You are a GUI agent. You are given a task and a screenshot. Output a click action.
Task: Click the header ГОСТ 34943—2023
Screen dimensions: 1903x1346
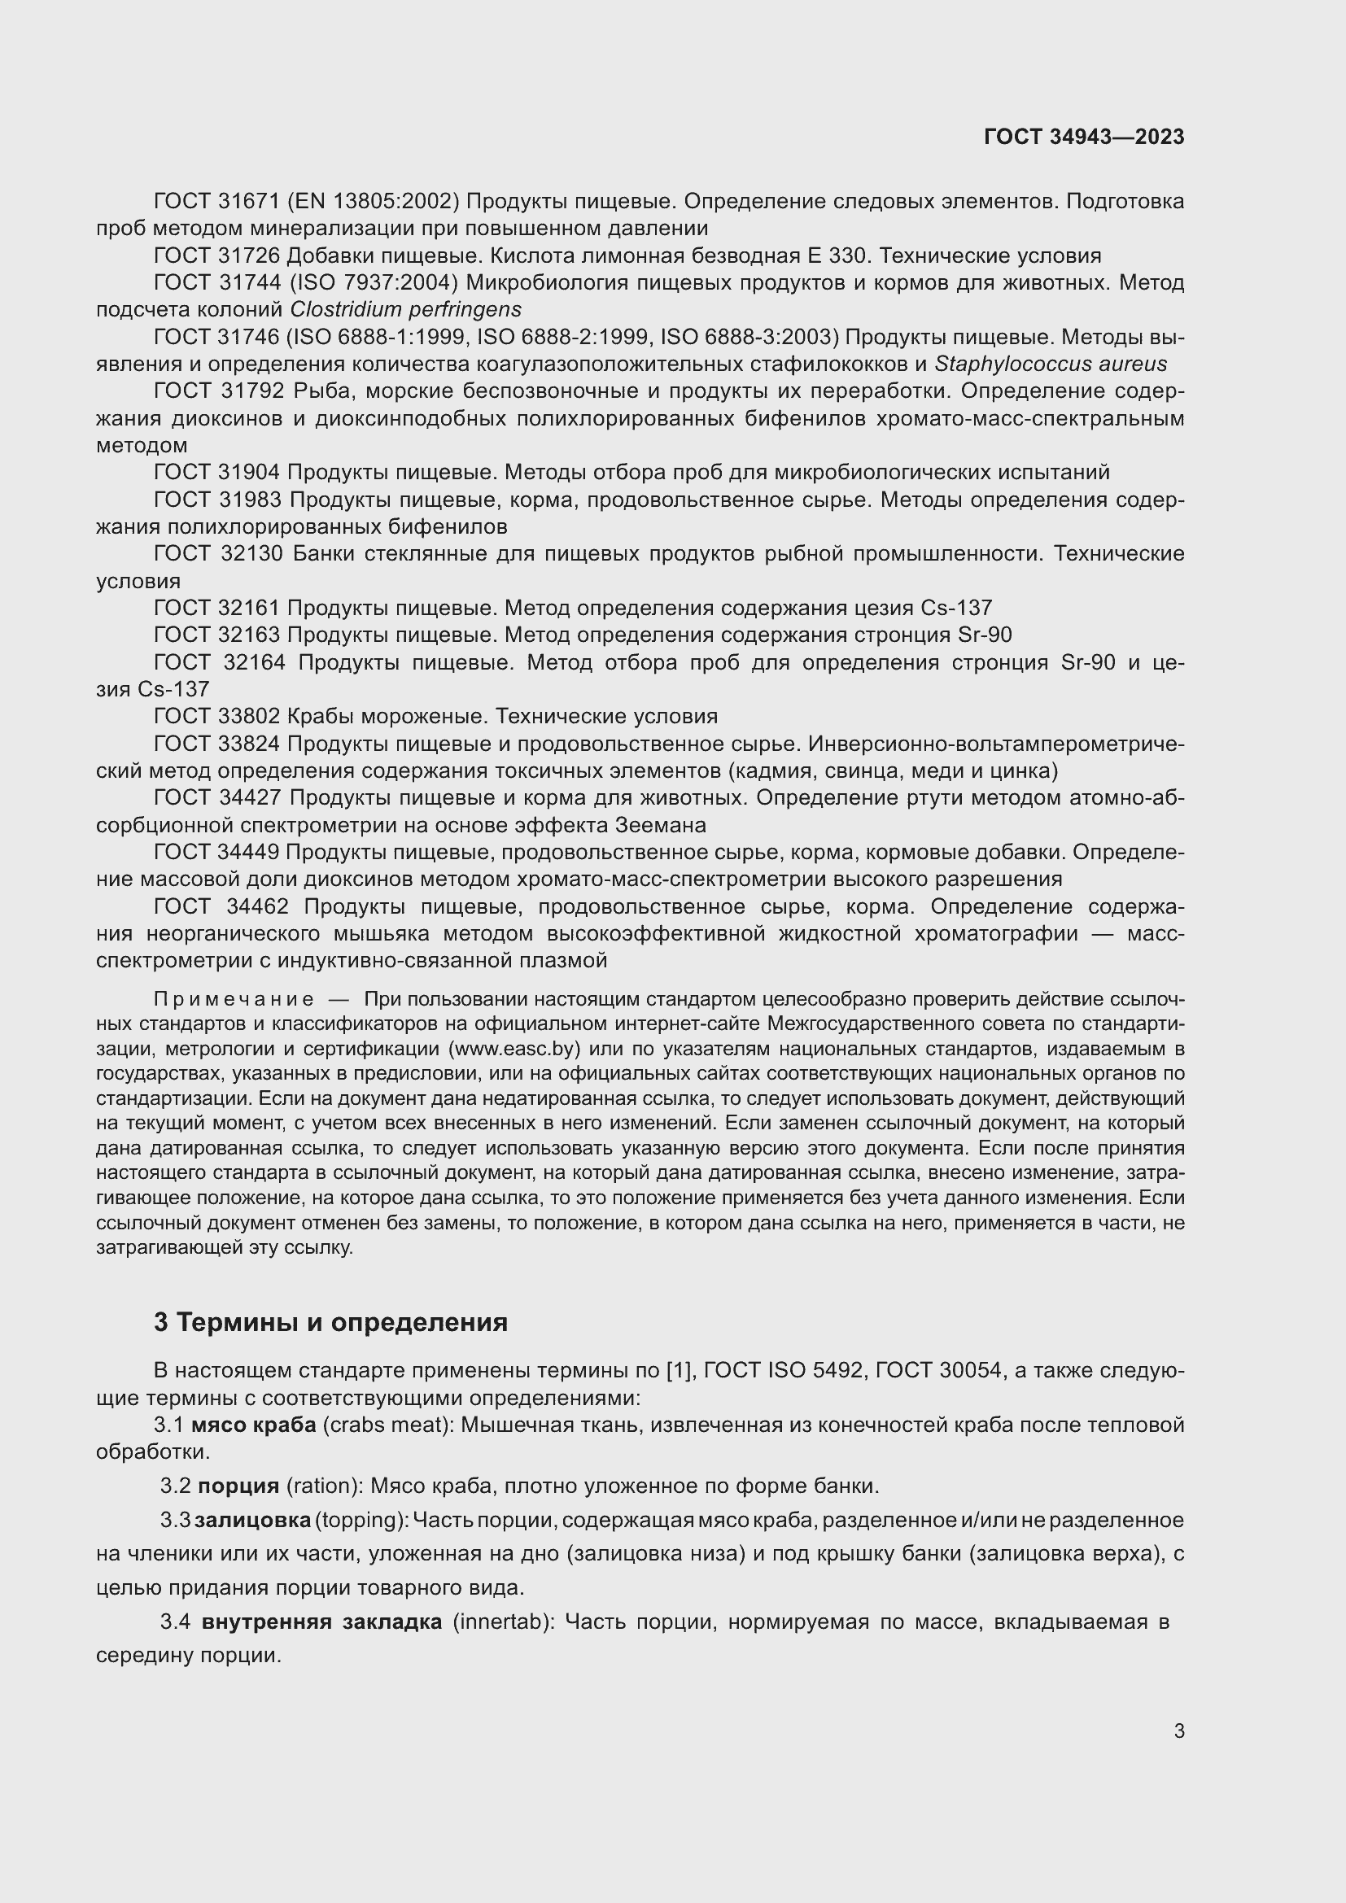click(1083, 137)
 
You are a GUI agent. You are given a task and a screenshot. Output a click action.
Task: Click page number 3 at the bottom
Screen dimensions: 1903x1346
click(1178, 1731)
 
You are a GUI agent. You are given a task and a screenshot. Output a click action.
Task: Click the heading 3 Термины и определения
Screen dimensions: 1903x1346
click(330, 1322)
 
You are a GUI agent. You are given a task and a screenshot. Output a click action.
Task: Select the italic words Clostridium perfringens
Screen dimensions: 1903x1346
click(405, 310)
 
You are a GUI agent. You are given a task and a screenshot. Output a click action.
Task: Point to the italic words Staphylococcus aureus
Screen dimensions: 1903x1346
click(1050, 364)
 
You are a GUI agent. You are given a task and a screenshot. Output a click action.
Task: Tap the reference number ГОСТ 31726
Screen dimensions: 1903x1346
click(217, 255)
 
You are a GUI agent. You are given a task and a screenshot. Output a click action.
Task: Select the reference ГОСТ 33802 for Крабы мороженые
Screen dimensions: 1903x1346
click(217, 716)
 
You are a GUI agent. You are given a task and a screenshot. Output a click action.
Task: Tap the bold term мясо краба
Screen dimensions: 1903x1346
click(254, 1425)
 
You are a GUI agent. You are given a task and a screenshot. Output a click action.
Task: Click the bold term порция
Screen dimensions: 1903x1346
click(238, 1486)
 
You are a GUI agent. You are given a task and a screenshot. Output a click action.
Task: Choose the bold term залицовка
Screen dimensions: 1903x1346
click(253, 1520)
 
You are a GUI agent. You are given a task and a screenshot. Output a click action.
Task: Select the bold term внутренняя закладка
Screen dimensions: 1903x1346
click(321, 1622)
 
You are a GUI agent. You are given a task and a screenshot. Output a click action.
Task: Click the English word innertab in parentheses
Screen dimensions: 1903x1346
click(502, 1622)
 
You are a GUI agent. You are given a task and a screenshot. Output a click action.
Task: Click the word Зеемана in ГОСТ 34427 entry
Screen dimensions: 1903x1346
click(661, 826)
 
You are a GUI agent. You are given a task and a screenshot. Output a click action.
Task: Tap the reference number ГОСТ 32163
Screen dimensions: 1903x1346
click(217, 635)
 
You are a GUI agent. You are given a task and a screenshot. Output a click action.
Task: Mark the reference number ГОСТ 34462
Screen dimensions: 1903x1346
click(221, 906)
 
